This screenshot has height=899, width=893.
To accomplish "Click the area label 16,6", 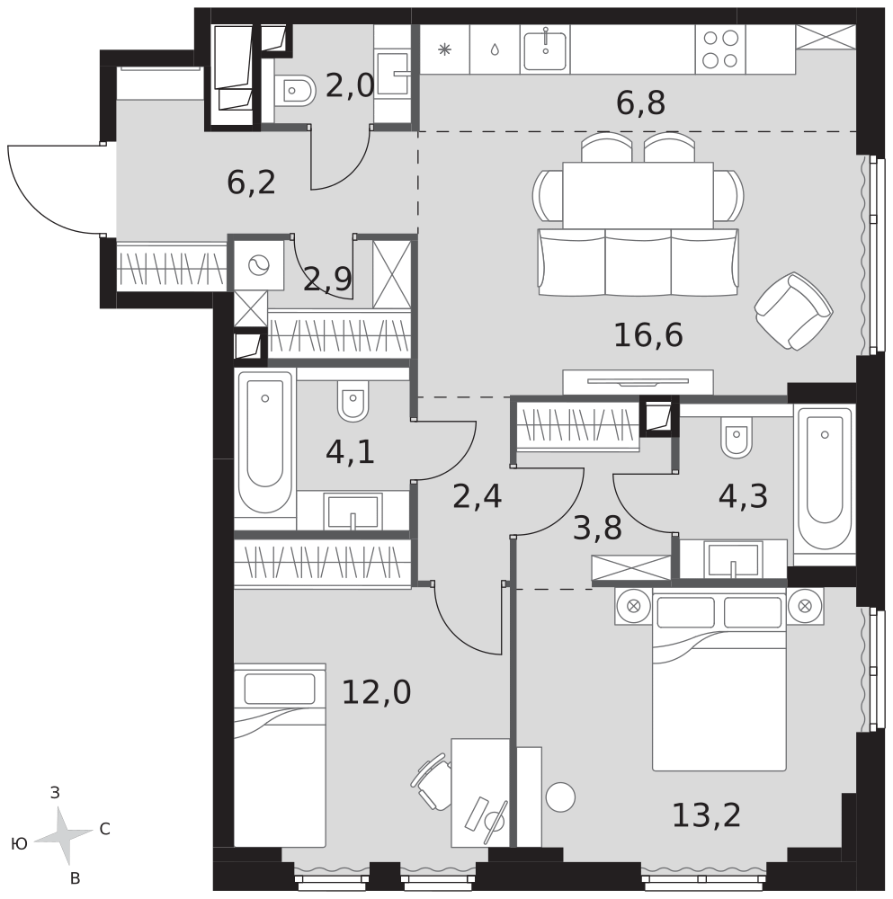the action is [648, 335].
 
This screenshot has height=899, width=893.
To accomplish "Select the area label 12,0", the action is [376, 692].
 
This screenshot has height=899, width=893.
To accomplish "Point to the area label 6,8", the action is [640, 103].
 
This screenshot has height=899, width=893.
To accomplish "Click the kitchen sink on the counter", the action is [545, 49].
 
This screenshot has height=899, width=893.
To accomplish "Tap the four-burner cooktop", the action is [720, 49].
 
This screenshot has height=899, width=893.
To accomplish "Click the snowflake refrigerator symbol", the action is [444, 49].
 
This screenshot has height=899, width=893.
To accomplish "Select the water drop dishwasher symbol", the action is [495, 49].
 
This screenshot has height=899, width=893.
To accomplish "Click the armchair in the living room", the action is [794, 311].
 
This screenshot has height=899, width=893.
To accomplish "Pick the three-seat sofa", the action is [638, 262].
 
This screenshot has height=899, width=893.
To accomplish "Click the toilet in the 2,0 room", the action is [295, 91].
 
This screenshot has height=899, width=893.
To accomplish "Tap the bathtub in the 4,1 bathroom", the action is [265, 442].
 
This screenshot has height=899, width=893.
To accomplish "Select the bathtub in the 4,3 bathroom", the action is [824, 477].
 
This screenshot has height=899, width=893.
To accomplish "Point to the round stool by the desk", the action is [560, 797].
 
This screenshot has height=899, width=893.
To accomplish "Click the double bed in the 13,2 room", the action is [719, 680].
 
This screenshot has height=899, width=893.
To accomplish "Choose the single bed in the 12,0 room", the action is [280, 755].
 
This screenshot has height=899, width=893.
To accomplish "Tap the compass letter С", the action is [105, 829].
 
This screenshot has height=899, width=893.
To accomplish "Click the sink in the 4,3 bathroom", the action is [733, 560].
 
